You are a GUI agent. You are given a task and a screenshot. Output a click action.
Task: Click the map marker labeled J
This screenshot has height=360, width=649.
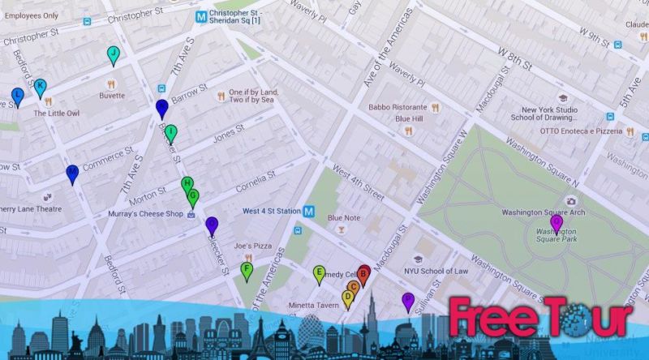pos(113,54)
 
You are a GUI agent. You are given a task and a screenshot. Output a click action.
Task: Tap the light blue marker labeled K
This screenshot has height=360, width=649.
pos(40,86)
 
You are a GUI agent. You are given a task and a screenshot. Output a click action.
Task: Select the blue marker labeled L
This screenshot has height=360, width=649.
pos(18,96)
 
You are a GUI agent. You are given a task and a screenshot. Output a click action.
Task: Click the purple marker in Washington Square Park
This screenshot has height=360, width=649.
pos(556,221)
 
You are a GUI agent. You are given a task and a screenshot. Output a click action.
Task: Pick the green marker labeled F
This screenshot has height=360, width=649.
pos(247,270)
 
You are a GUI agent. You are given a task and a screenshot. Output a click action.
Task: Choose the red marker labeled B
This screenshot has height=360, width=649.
pos(364,274)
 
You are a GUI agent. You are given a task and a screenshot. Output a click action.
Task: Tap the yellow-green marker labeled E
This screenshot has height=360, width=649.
pos(320,273)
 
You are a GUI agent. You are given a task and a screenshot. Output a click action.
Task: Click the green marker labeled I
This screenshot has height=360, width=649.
pos(170,132)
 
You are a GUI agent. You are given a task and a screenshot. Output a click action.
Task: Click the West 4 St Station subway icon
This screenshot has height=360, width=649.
pos(309,211)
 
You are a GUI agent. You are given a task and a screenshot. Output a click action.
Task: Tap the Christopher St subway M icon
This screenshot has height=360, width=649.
pos(199,15)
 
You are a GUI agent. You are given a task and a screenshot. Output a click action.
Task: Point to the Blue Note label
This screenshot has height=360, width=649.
pos(344,217)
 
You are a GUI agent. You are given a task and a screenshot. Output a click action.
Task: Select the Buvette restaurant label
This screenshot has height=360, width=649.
pos(112,95)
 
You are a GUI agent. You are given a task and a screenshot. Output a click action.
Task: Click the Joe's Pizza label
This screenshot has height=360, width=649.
pos(252,245)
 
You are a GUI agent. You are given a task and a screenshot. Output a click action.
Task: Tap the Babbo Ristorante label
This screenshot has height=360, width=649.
pos(398,107)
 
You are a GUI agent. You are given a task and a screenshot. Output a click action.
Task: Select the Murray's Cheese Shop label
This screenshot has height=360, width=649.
pos(145,214)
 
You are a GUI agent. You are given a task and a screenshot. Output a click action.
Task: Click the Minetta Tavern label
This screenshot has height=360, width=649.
pos(313,305)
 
